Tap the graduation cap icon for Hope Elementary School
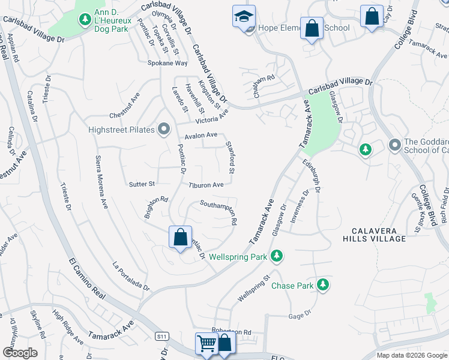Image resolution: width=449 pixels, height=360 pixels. (x=244, y=17)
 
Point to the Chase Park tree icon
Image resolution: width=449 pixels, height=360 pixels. (x=323, y=284)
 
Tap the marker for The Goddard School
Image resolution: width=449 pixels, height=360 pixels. (x=395, y=145)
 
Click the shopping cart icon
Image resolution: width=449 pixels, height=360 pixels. (x=206, y=344)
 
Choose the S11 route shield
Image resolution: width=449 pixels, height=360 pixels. (x=161, y=337)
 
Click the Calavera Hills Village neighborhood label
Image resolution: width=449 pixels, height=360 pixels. (x=375, y=233)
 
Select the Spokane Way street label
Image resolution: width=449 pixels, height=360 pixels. (x=168, y=63)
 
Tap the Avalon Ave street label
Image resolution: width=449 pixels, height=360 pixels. (x=201, y=136)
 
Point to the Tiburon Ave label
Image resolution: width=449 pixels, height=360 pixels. (x=206, y=185)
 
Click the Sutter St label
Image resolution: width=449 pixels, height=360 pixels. (x=142, y=184)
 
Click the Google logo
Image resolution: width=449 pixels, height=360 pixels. (x=20, y=353)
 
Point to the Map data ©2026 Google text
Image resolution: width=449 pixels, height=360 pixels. (x=411, y=355)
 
